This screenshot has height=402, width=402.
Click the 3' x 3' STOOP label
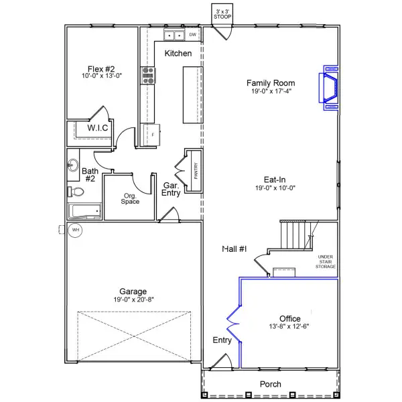[x=222, y=14]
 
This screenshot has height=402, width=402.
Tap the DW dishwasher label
[x=192, y=35]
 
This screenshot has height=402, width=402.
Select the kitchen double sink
[x=174, y=35]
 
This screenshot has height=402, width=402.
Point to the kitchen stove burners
[x=148, y=75]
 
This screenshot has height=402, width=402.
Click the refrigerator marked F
[x=151, y=135]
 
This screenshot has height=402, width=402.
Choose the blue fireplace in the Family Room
[x=329, y=88]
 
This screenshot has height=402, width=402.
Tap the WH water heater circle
[x=75, y=230]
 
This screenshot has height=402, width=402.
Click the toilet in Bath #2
[x=76, y=192]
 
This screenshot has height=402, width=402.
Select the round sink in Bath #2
[x=73, y=165]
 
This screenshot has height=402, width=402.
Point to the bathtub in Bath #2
[x=84, y=211]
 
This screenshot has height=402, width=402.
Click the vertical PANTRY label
[x=196, y=171]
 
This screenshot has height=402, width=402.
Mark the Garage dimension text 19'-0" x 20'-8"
[x=133, y=299]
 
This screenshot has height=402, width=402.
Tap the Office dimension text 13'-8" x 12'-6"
[x=289, y=326]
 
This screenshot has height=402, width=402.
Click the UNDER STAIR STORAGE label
[x=326, y=262]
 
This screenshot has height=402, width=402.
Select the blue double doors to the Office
[x=234, y=324]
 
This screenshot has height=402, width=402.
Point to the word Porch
[x=271, y=384]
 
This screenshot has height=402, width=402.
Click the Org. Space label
[x=130, y=199]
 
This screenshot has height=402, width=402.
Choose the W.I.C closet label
[x=97, y=128]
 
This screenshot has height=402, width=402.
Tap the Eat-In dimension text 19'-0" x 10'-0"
[x=275, y=188]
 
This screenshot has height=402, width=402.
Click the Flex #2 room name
[x=101, y=69]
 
